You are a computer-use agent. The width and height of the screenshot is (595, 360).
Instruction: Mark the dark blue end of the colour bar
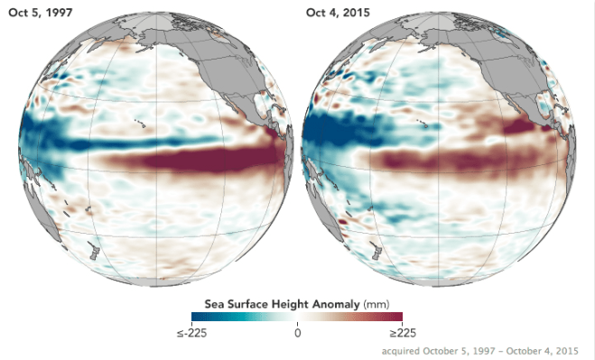(x=198, y=317)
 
